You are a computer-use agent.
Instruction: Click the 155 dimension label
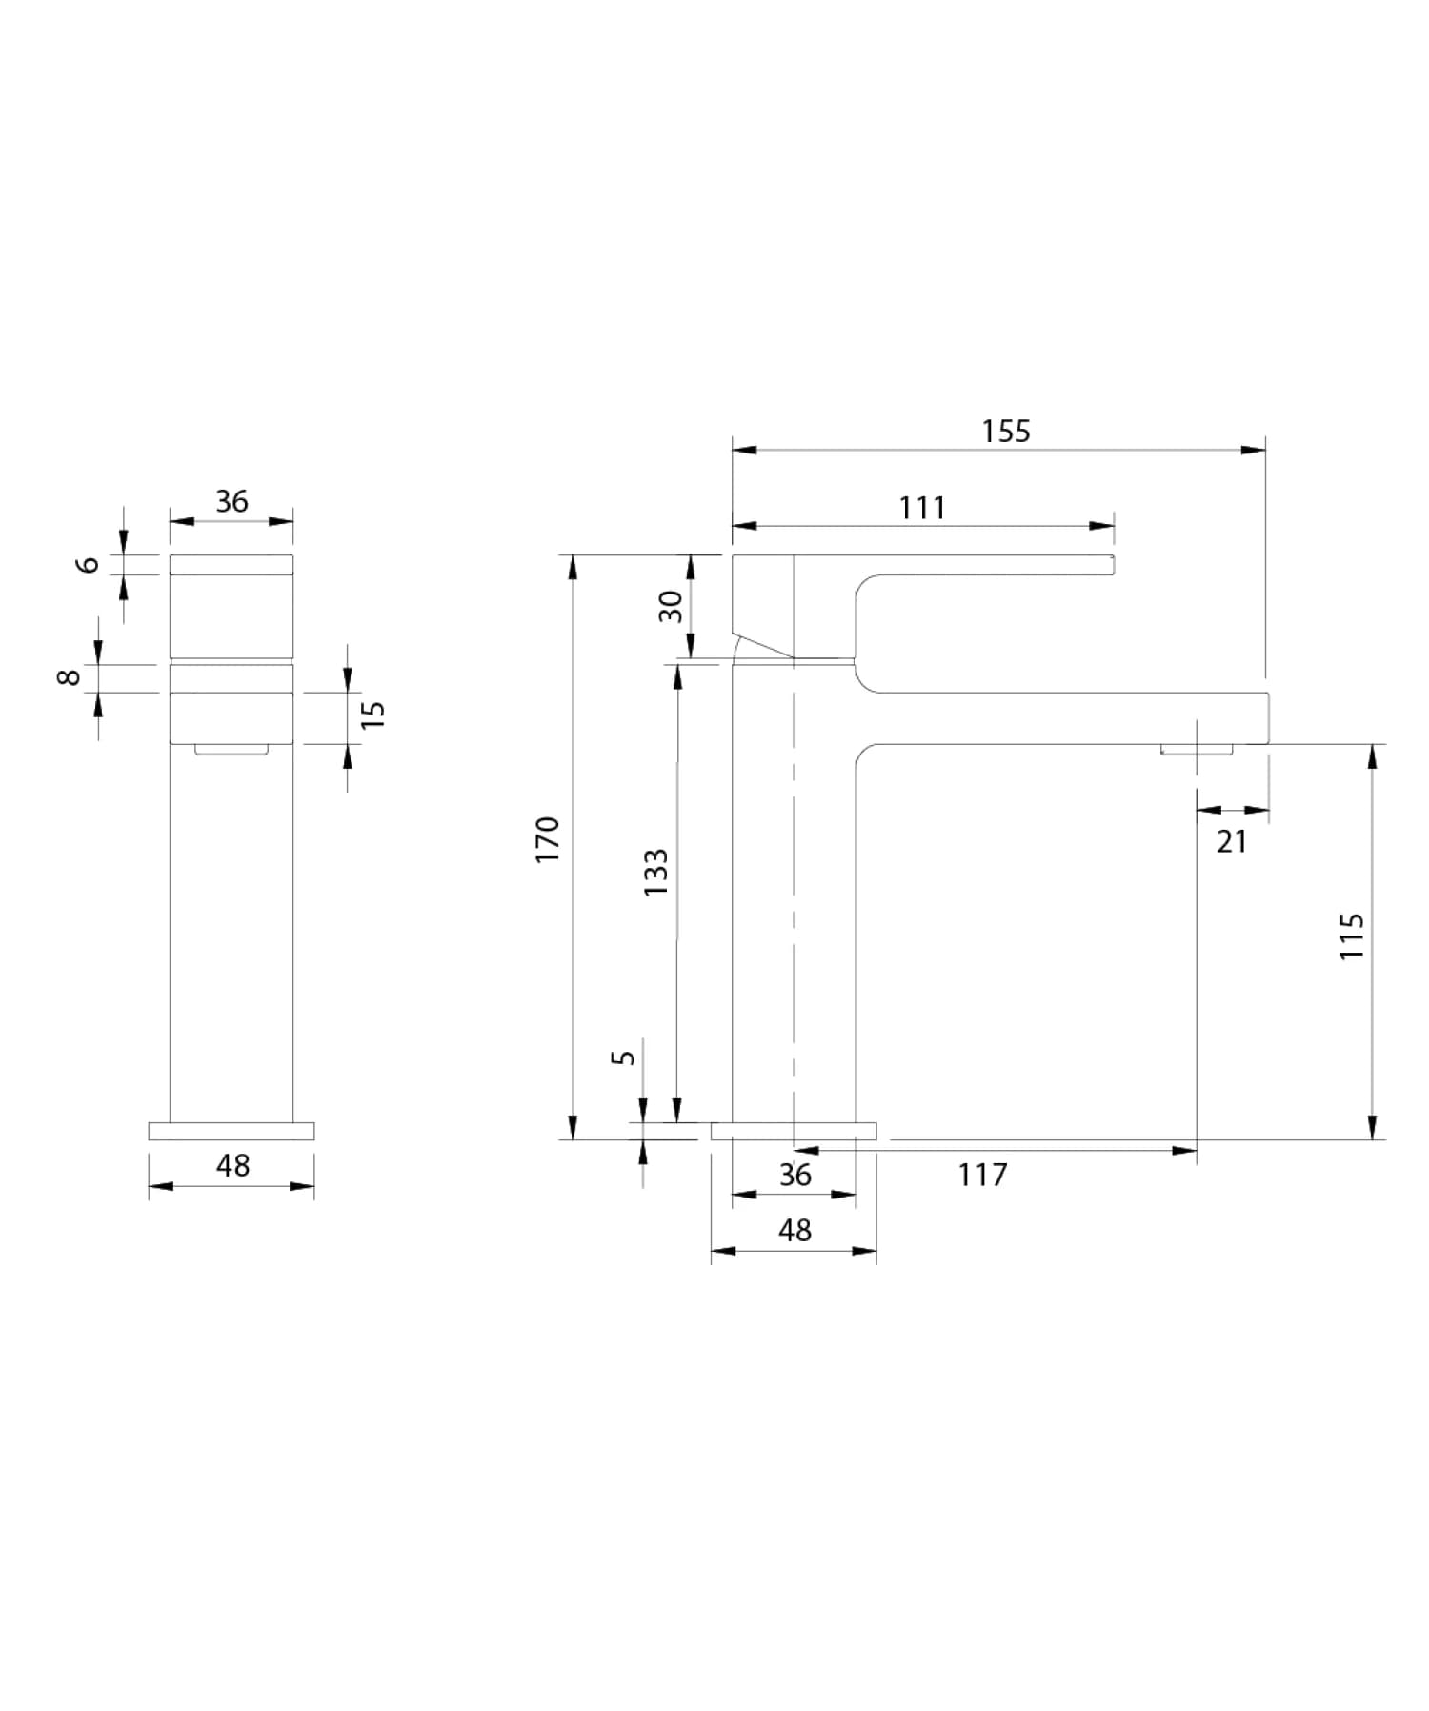click(x=1006, y=432)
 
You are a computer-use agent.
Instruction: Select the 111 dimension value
click(x=922, y=508)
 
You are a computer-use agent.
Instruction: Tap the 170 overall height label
click(x=548, y=839)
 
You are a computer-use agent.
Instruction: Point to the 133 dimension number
click(x=655, y=872)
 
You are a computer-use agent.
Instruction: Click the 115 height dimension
click(x=1352, y=936)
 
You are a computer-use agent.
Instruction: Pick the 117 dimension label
click(x=982, y=1175)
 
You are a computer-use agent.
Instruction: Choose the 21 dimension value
click(x=1232, y=841)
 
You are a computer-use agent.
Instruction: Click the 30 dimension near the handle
click(x=672, y=606)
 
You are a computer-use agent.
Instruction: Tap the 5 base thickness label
click(x=622, y=1057)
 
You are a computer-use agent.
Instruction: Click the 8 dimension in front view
click(x=69, y=677)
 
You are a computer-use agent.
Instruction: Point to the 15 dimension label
click(x=373, y=715)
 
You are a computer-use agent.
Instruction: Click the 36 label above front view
click(x=231, y=501)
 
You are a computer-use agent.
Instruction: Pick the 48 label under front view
click(x=232, y=1165)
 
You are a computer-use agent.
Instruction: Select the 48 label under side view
click(x=795, y=1230)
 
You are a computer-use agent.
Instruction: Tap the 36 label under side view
click(x=795, y=1175)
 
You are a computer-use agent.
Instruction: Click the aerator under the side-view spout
click(x=1197, y=749)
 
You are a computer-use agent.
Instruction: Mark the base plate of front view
click(x=231, y=1131)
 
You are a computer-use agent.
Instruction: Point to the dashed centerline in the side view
click(x=794, y=905)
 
